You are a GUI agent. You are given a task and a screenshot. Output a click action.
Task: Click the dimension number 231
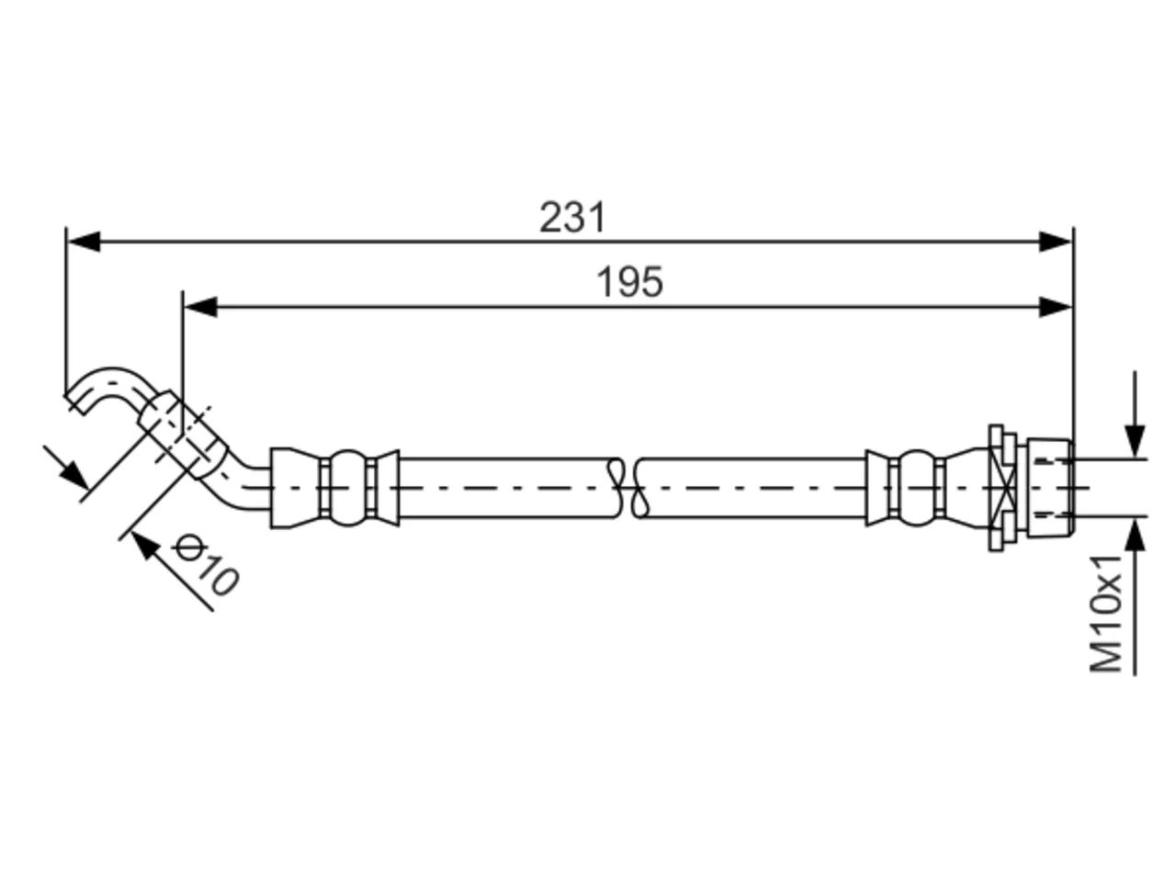[x=572, y=218]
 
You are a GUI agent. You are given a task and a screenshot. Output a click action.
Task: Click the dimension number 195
[x=629, y=282]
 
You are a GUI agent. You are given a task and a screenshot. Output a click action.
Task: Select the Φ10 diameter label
[x=205, y=564]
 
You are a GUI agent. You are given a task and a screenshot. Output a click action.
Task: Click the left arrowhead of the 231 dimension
[x=84, y=242]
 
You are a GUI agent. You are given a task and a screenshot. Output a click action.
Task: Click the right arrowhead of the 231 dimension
[x=1055, y=242]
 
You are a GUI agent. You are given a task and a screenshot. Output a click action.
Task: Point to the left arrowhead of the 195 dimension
[x=200, y=307]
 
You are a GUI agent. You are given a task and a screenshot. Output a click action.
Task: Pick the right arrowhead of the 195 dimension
[x=1055, y=307]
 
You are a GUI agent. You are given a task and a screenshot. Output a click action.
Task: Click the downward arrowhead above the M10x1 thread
[x=1135, y=441]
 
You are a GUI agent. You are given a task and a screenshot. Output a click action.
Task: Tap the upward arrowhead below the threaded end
[x=1135, y=534]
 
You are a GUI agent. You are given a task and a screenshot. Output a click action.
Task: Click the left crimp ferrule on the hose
[x=334, y=488]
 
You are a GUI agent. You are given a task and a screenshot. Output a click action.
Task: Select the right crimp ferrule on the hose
[x=926, y=488]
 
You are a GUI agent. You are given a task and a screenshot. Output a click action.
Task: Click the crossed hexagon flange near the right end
[x=1002, y=488]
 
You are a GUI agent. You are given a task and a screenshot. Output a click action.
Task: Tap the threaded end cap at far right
[x=1050, y=488]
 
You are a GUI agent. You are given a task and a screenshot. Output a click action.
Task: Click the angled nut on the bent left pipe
[x=183, y=435]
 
